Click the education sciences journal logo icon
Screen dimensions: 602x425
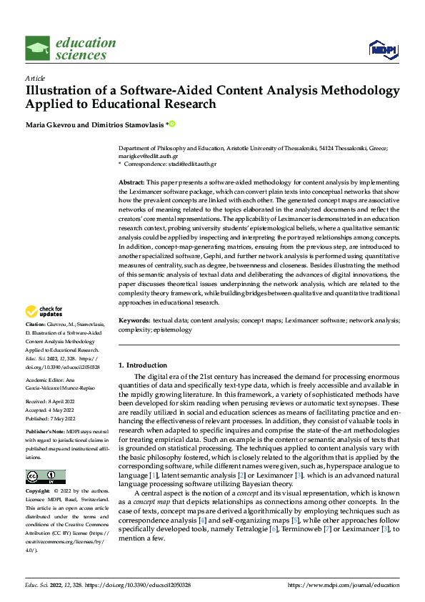tap(38, 49)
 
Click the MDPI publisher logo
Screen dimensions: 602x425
tap(381, 48)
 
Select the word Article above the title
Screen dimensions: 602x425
tap(35, 78)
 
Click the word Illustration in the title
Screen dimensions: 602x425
tap(61, 91)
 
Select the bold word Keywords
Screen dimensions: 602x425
tap(134, 321)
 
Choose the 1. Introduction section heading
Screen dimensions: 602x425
tap(143, 365)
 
